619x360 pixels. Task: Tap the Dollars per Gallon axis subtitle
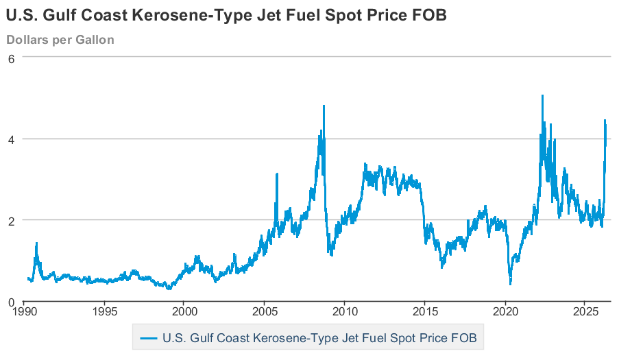pos(60,40)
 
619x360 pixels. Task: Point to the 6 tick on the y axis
pos(11,58)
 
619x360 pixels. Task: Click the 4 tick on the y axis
pos(11,139)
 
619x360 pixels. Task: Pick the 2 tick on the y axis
pos(11,220)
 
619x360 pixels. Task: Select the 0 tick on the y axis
pos(11,302)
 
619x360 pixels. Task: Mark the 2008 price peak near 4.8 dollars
pos(324,106)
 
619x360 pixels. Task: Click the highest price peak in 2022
pos(542,96)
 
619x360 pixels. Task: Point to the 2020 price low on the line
pos(510,283)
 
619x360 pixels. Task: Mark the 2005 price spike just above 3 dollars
pos(277,174)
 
